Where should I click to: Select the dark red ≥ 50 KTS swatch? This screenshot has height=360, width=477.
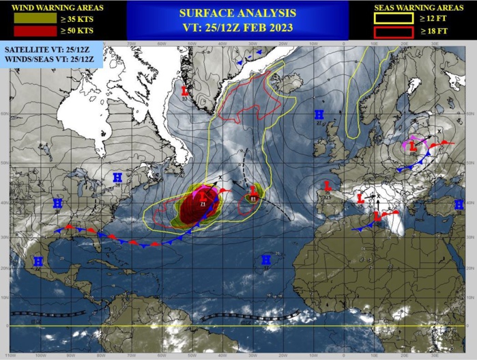point(27,31)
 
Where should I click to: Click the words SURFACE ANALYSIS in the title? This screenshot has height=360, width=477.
point(237,13)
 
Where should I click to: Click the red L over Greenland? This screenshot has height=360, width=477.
point(185,89)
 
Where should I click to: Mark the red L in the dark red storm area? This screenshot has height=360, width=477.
point(203,197)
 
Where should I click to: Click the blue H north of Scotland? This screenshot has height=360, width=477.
point(319,114)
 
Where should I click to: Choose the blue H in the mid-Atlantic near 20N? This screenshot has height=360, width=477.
point(265,259)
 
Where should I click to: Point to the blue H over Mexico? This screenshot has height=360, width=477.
point(38,261)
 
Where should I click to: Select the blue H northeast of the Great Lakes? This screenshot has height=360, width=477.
point(117,178)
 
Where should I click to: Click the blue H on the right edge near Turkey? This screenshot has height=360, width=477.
point(459,204)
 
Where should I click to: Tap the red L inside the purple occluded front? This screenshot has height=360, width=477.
point(413,145)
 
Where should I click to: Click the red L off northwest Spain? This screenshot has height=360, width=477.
point(328,185)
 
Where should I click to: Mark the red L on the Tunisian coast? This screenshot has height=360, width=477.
point(376,216)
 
